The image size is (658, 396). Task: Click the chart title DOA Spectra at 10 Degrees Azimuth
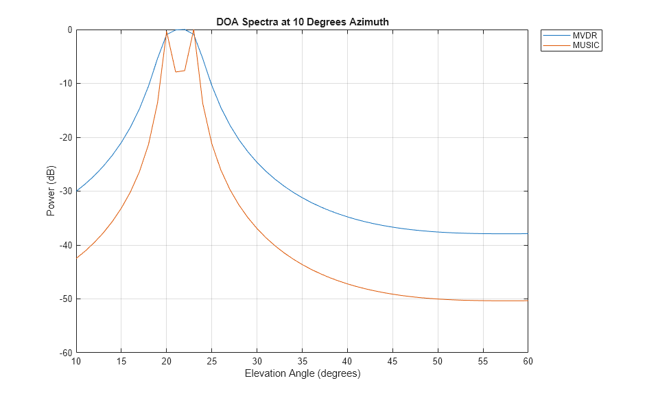click(303, 22)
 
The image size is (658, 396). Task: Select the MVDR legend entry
click(586, 36)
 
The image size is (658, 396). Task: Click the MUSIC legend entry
click(586, 45)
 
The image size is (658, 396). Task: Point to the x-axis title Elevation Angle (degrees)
click(303, 374)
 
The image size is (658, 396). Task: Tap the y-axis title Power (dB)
click(51, 191)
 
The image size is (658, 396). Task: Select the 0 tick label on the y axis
click(69, 30)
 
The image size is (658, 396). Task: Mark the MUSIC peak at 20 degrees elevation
click(167, 32)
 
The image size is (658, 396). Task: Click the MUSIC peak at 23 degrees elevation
click(193, 31)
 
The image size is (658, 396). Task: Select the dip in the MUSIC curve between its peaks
click(176, 71)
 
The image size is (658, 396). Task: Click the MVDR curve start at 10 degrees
click(77, 191)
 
